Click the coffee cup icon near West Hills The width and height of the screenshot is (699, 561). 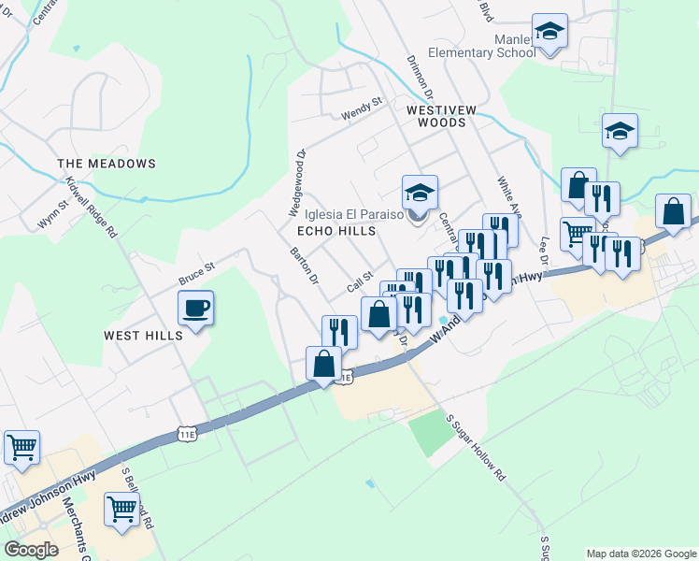pyautogui.click(x=196, y=308)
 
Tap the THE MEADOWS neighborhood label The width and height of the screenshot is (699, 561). pyautogui.click(x=107, y=164)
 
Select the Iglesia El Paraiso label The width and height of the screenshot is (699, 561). pyautogui.click(x=349, y=213)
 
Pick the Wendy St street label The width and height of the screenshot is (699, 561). pyautogui.click(x=362, y=108)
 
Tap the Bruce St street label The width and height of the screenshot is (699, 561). pyautogui.click(x=196, y=274)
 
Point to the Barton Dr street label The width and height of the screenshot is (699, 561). pyautogui.click(x=304, y=266)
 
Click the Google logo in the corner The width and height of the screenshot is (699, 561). pyautogui.click(x=31, y=550)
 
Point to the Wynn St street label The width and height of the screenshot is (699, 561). pyautogui.click(x=53, y=214)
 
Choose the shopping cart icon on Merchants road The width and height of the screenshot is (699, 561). pyautogui.click(x=121, y=510)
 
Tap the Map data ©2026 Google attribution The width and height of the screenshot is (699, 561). pyautogui.click(x=640, y=554)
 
